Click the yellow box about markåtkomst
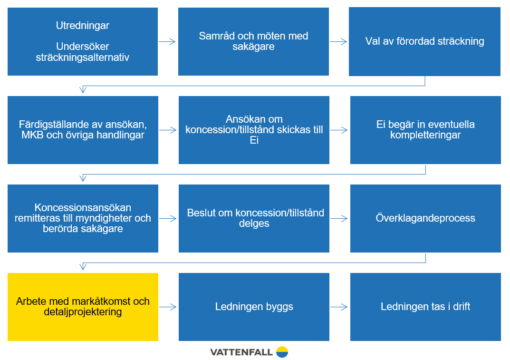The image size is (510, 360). tap(83, 307)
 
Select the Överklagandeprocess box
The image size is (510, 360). tap(425, 218)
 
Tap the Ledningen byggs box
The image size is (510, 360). tap(254, 307)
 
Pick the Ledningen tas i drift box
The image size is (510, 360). tap(425, 307)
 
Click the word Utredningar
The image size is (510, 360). tap(83, 26)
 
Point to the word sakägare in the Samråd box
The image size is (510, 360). tap(253, 47)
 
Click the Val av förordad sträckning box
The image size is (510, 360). tap(425, 42)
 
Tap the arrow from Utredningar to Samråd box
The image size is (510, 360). tap(167, 42)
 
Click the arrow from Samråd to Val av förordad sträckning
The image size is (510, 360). tap(338, 42)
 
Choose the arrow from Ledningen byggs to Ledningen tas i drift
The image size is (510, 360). tap(339, 307)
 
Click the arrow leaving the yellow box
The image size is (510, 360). tap(168, 307)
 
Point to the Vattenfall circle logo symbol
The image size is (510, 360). tap(282, 352)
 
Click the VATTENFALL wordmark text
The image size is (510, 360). tap(241, 352)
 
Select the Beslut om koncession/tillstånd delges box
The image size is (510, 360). tap(254, 218)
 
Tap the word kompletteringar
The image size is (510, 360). tap(425, 135)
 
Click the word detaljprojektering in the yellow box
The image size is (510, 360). tap(83, 312)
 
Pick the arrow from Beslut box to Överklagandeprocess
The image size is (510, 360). tap(339, 218)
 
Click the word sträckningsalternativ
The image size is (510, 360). tap(83, 58)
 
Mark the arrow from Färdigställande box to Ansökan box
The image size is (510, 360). tap(168, 130)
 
